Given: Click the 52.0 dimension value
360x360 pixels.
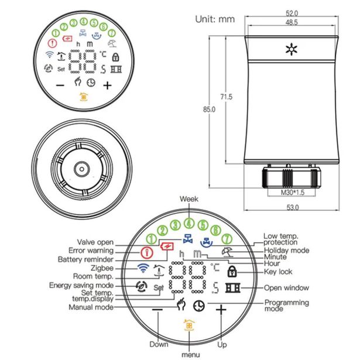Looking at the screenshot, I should [x=292, y=13].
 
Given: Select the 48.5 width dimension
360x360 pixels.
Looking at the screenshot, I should [x=292, y=22].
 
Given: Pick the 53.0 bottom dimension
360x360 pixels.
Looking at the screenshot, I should [x=292, y=207].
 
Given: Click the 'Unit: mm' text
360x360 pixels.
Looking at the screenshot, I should [x=215, y=19].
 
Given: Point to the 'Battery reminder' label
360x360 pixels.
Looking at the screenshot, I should [x=86, y=259].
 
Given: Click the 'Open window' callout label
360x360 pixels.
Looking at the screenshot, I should [x=284, y=287].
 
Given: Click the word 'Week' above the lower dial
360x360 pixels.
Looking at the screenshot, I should [x=188, y=200].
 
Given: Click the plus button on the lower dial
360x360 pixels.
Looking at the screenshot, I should [x=221, y=310].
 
